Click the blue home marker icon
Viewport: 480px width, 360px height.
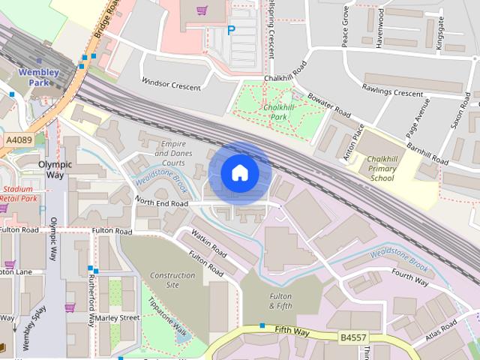click(x=239, y=173)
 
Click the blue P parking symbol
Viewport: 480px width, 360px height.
click(x=231, y=31)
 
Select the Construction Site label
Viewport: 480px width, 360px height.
click(x=173, y=280)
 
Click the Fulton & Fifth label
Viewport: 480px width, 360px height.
click(x=280, y=301)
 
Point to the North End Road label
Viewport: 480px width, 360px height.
click(x=161, y=202)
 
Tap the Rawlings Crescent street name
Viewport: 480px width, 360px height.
click(x=393, y=92)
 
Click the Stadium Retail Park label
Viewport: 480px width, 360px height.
click(x=19, y=193)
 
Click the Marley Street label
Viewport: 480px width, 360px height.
click(x=118, y=317)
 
